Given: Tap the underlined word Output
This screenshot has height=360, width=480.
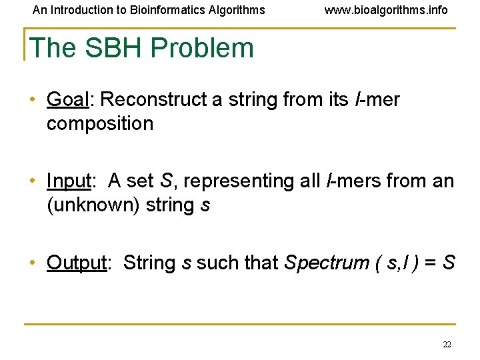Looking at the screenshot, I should click(x=76, y=263).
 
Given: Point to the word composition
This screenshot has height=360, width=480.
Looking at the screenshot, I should click(x=100, y=124).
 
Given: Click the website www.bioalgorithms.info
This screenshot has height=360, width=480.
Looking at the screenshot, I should click(x=386, y=10).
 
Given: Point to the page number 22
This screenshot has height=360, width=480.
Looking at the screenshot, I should click(x=447, y=345).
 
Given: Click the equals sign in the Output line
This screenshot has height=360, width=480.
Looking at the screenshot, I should click(x=429, y=263).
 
